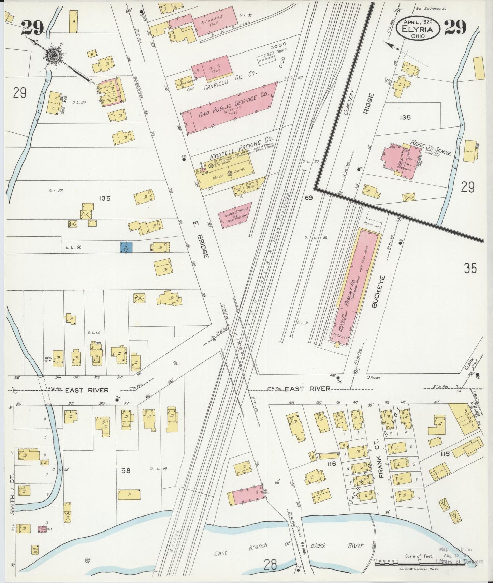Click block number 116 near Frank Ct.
[331, 463]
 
